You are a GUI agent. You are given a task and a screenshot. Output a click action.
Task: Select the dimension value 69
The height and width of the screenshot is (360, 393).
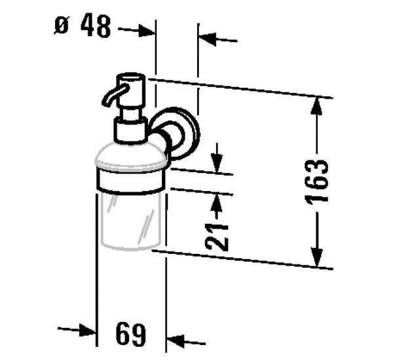130,335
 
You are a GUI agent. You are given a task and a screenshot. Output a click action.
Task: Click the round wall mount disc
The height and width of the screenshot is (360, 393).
182,135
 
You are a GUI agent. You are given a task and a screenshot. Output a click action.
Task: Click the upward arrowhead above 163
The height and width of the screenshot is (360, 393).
318,106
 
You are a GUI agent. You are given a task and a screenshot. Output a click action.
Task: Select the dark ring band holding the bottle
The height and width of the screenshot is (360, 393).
130,180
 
